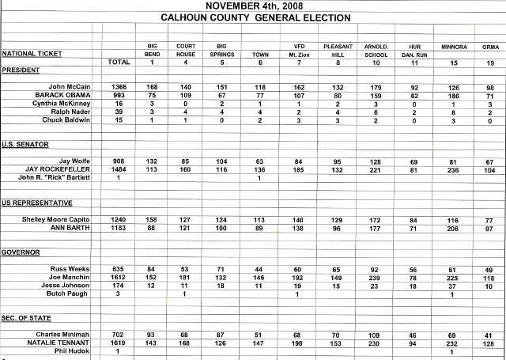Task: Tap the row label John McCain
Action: point(69,85)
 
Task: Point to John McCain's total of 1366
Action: point(118,85)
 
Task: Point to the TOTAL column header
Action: point(118,61)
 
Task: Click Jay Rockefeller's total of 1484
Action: point(118,169)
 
